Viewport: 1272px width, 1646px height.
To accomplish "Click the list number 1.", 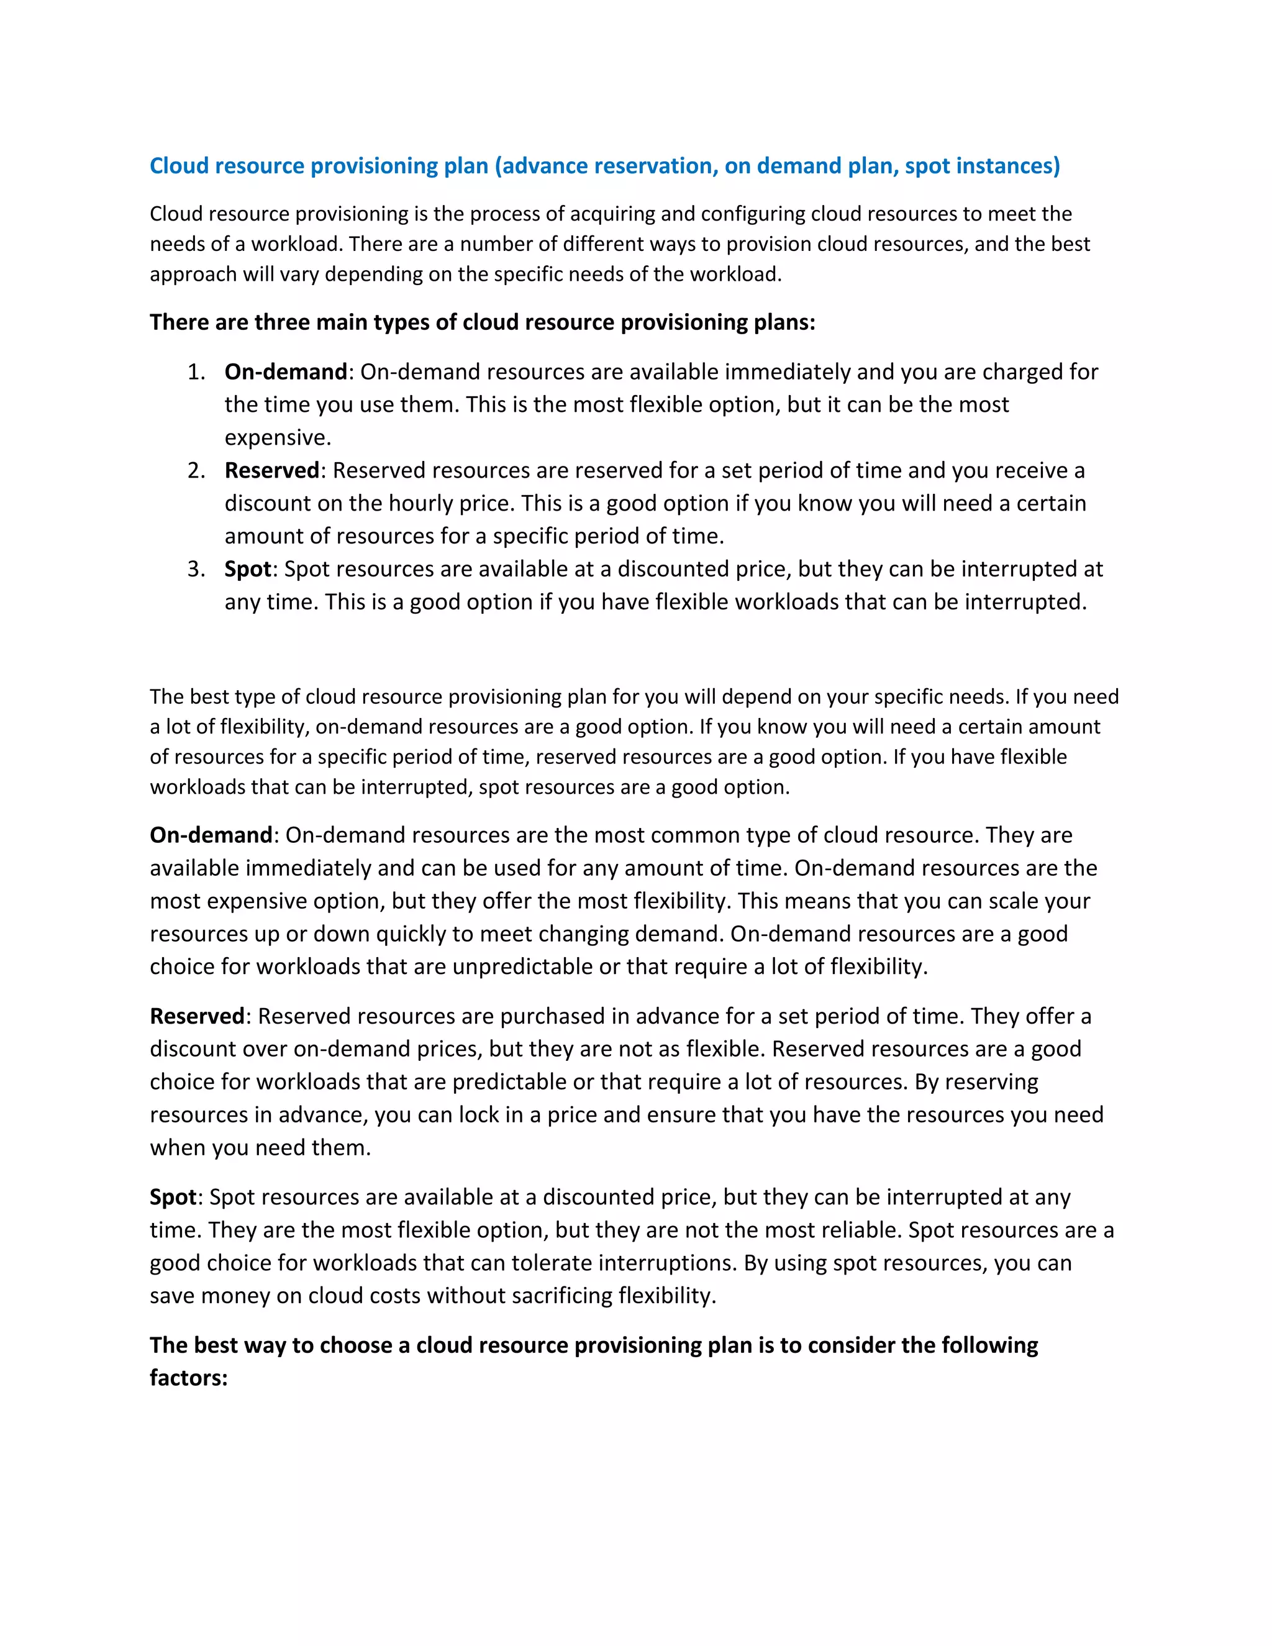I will [196, 372].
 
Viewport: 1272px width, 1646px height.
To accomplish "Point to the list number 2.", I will [196, 471].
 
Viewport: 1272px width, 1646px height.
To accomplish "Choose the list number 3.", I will [196, 569].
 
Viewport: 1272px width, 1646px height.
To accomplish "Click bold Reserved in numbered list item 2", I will [272, 471].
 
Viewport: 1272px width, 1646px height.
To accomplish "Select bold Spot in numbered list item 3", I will [247, 569].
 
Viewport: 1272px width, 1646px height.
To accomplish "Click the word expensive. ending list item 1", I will [277, 438].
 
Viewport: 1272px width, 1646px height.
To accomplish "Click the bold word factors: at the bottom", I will [188, 1378].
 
